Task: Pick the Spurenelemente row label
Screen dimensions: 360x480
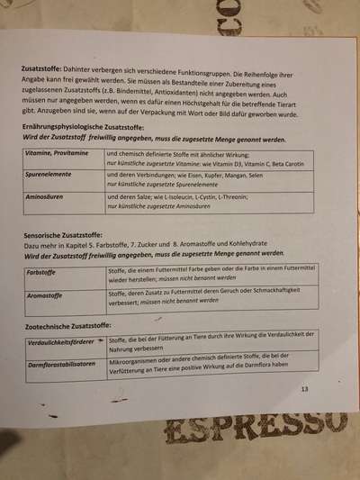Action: (50, 176)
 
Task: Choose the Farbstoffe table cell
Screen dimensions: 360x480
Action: (44, 271)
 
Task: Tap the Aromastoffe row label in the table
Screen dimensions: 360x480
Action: (47, 294)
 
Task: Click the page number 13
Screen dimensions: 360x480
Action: (304, 389)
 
